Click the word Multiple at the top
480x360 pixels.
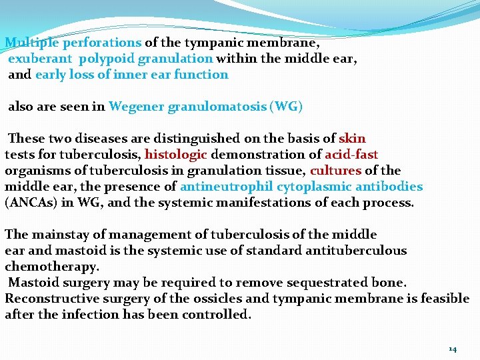coord(31,43)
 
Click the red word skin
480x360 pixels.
coord(352,139)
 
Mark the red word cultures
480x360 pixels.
coord(335,171)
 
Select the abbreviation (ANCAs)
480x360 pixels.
coord(30,203)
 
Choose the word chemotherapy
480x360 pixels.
coord(52,267)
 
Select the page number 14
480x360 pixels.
coord(453,349)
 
